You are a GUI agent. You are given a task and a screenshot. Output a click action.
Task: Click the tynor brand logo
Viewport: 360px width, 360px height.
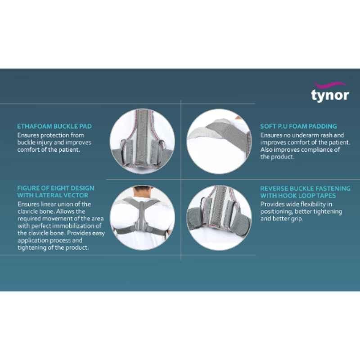tap(330, 92)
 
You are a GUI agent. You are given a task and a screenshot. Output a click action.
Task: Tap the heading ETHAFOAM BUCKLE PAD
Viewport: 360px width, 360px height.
tap(54, 126)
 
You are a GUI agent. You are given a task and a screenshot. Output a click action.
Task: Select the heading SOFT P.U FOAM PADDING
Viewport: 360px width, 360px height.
tap(298, 126)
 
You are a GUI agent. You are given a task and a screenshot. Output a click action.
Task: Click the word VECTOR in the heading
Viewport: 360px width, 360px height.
tap(77, 195)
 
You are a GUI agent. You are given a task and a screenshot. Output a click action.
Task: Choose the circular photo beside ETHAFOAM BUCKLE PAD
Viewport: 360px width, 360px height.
tap(142, 141)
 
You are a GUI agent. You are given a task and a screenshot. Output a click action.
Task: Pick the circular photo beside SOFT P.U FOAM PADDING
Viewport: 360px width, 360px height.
tap(219, 141)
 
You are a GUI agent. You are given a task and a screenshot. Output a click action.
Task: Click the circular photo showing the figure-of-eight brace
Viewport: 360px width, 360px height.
tap(142, 218)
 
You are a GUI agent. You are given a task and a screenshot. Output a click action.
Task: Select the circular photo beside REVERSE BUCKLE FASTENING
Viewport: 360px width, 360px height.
tap(219, 218)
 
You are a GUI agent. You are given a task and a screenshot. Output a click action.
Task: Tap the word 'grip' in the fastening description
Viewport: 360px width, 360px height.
tap(297, 219)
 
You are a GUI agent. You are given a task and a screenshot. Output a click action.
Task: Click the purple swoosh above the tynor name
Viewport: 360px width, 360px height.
tap(330, 85)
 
